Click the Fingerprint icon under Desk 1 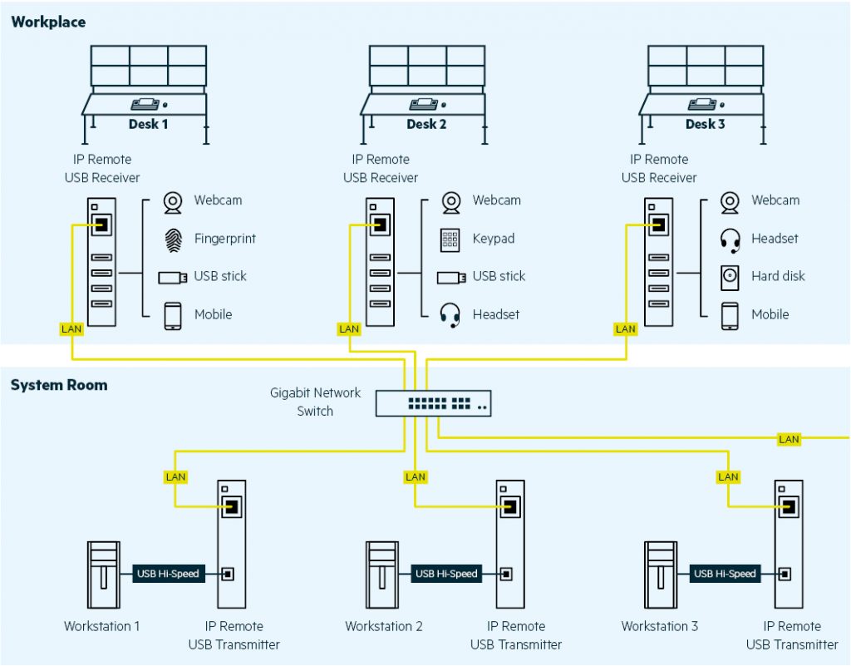173,239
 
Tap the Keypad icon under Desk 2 450,239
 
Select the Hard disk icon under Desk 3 730,277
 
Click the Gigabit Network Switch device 432,403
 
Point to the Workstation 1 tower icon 102,575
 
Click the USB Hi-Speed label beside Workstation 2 446,574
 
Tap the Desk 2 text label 426,125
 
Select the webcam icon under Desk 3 730,202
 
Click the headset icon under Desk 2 450,315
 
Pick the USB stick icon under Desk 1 173,277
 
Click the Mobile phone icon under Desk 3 730,315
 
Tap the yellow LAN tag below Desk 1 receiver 72,329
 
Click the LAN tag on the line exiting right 789,439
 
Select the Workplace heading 48,22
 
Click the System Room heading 58,386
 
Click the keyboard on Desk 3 702,105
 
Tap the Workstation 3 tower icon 660,575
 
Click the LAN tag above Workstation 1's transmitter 175,477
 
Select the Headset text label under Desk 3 775,239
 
